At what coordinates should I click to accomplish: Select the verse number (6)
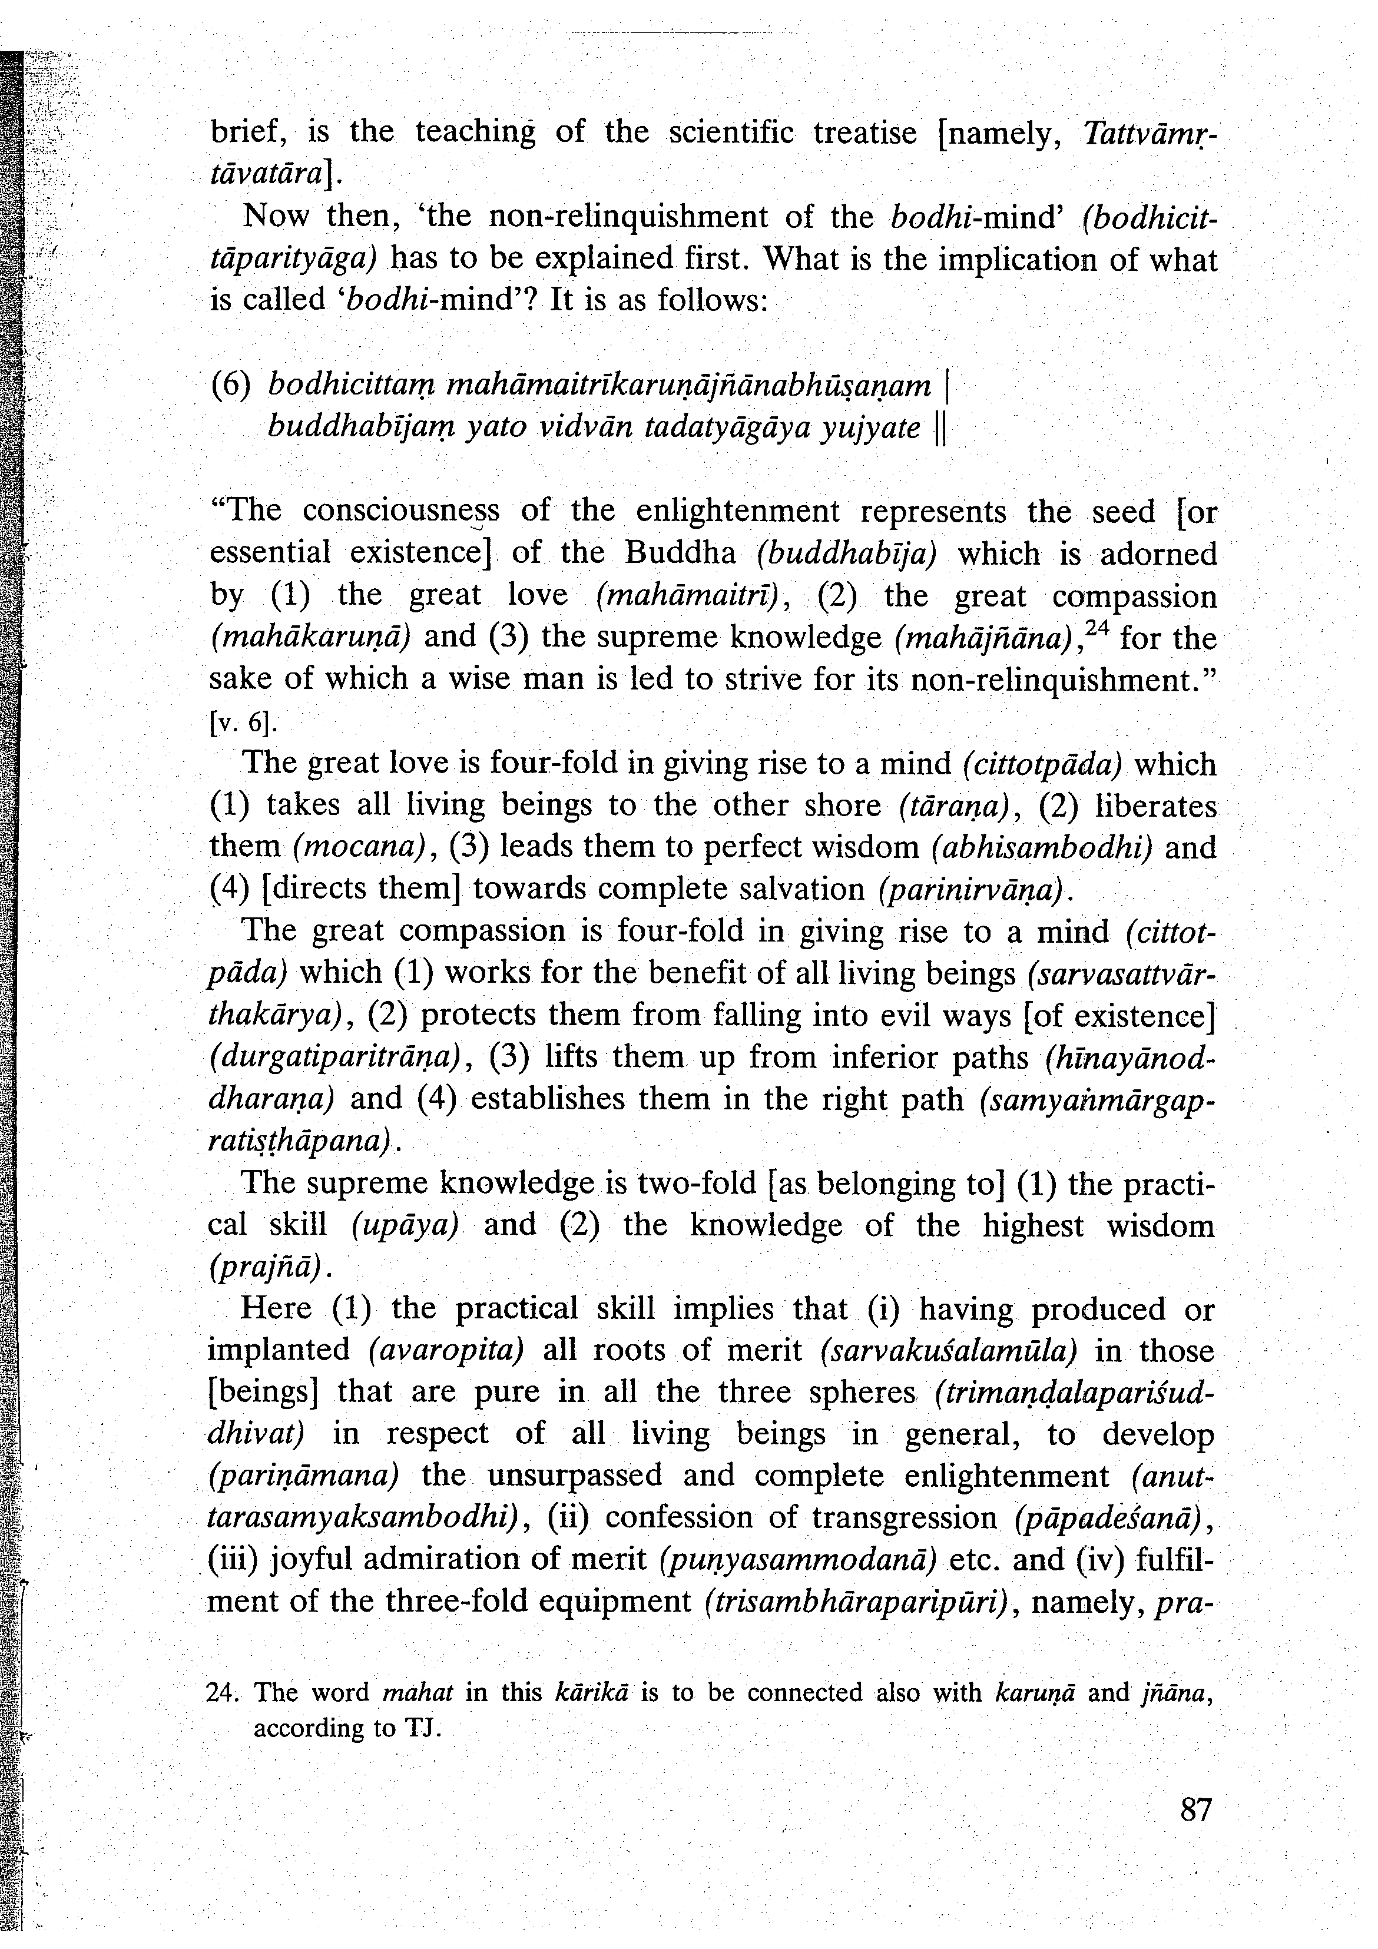[230, 386]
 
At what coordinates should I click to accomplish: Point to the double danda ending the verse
[939, 429]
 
